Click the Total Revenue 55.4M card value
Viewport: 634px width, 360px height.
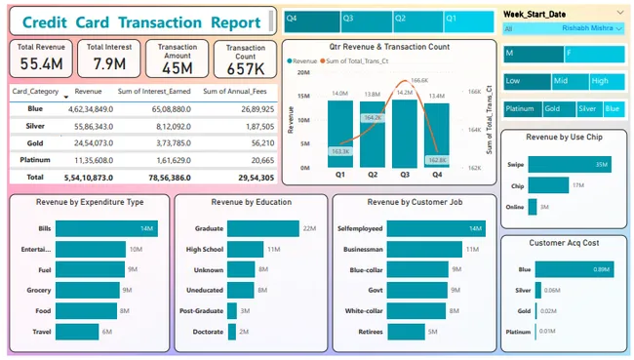coord(41,64)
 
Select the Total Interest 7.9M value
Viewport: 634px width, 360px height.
coord(108,64)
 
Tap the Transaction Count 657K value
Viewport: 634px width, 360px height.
coord(245,68)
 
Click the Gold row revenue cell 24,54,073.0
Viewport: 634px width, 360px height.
coord(94,142)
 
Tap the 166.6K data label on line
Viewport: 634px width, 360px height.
coord(419,81)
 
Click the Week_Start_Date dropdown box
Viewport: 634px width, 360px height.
coord(564,29)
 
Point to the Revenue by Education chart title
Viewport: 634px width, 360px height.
coord(251,202)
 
